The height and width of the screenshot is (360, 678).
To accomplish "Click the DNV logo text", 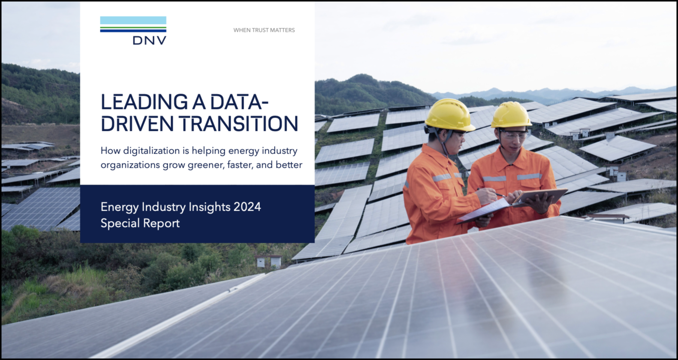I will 149,40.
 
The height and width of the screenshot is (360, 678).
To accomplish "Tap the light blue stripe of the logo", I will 133,21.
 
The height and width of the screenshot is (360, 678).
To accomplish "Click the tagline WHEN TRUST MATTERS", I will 264,30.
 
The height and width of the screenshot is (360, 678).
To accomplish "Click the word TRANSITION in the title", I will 238,124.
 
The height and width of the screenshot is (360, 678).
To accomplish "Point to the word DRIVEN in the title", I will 137,124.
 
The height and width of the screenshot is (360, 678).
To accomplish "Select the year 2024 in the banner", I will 247,207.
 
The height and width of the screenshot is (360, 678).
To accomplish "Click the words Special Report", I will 140,223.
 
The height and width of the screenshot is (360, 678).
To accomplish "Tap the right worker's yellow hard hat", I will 511,115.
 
